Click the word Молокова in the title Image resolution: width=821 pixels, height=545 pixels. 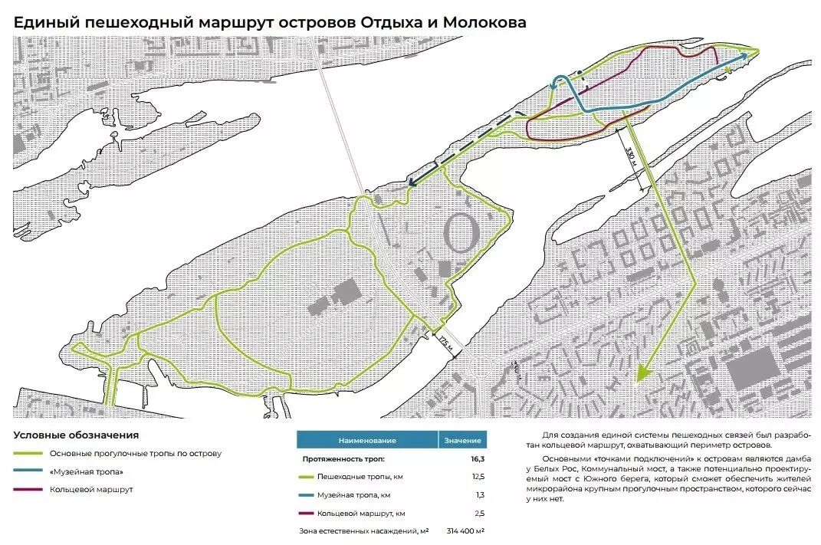[488, 22]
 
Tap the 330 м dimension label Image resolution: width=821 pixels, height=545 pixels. [631, 159]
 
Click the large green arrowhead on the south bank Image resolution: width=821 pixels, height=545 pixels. [642, 373]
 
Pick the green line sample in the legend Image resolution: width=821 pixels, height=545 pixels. [28, 454]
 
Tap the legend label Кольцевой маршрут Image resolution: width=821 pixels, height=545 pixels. [92, 489]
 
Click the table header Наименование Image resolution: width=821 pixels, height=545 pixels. [367, 441]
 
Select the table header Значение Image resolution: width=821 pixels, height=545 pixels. [462, 441]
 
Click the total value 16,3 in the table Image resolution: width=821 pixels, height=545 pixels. [478, 459]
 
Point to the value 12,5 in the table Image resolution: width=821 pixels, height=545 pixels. [477, 477]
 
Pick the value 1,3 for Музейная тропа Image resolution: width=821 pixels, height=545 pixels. [478, 495]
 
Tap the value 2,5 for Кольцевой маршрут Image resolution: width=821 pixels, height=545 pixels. [478, 513]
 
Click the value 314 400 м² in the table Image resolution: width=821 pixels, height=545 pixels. [462, 531]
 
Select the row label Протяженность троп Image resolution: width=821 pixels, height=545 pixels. [342, 459]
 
